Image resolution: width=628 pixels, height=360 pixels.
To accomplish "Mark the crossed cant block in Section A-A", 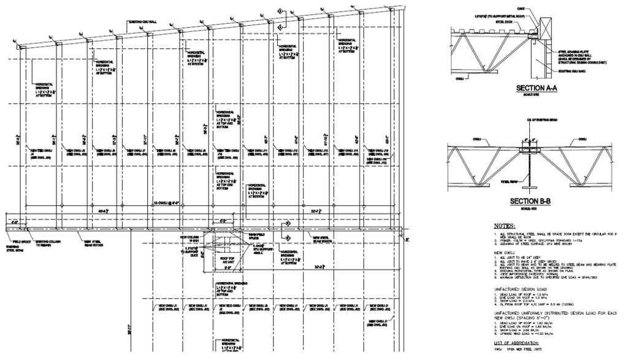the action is (535, 29).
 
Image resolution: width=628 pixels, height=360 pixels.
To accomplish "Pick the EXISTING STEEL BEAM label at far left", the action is (13, 247).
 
